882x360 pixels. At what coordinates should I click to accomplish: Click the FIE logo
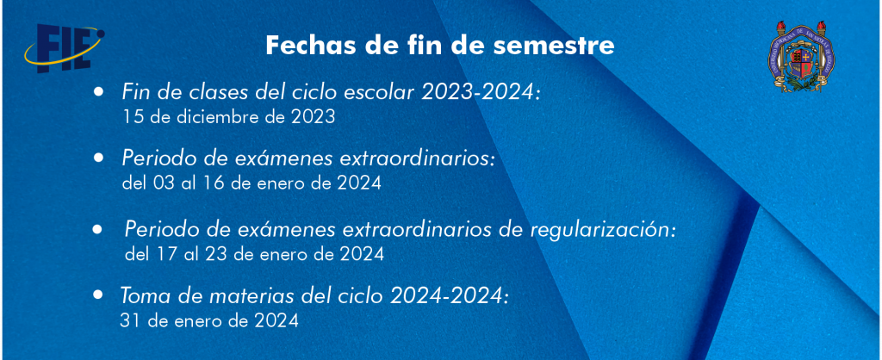64,48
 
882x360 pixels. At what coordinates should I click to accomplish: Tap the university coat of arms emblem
802,56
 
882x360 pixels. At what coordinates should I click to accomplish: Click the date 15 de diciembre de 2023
228,117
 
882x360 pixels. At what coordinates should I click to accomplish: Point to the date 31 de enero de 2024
208,320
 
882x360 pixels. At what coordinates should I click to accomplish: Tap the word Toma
141,296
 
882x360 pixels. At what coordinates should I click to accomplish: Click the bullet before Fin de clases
99,91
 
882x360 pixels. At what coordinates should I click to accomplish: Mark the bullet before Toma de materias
99,294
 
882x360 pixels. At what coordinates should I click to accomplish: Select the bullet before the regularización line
98,229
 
